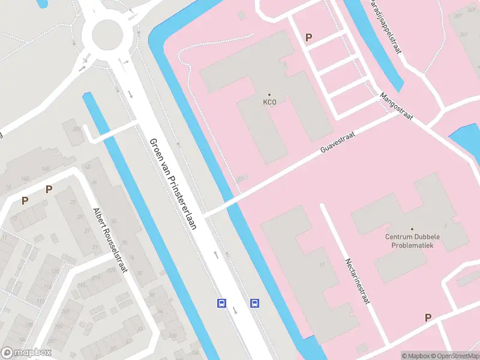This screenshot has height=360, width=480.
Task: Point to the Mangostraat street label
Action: coord(396,107)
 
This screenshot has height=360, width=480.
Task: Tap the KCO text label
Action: coord(269,103)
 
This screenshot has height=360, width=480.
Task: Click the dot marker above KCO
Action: coord(269,95)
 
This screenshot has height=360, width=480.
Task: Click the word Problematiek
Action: coord(412,245)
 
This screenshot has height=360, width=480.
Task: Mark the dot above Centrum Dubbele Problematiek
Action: coord(412,229)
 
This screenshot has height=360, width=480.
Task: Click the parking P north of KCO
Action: coord(308,37)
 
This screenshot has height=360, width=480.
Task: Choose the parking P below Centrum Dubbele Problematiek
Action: coord(428,317)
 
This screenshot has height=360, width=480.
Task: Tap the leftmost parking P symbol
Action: coord(25,201)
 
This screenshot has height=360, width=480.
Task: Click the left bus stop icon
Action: coord(221,303)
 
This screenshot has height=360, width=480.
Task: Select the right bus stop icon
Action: coord(254,303)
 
